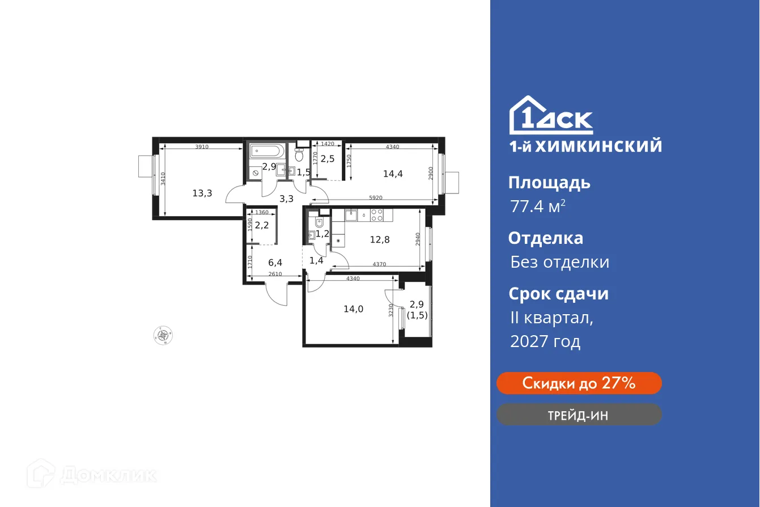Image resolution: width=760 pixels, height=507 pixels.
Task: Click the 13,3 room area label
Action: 202,193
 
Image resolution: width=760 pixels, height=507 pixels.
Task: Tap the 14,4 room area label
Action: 393,174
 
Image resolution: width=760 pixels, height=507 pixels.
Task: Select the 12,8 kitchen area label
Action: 380,239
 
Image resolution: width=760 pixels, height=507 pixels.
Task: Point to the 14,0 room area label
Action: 353,309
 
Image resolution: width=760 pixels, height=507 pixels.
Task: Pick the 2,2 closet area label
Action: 261,225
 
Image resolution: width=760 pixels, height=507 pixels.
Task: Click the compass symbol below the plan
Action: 163,335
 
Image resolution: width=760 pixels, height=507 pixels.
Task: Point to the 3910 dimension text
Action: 202,147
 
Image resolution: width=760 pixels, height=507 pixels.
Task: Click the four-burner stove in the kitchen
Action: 377,214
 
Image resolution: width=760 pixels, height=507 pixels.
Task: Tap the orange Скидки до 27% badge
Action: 579,383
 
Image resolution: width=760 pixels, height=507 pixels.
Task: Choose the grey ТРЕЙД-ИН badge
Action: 579,415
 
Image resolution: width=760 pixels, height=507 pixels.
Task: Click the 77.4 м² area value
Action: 537,206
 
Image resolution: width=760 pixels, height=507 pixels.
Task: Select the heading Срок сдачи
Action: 558,294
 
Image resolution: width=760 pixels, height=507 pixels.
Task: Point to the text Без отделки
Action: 559,262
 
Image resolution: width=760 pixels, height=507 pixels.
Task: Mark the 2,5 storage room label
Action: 328,159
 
